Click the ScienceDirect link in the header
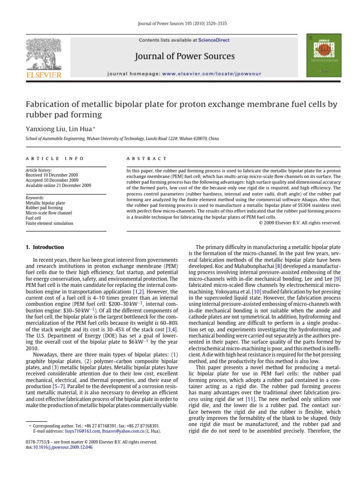pos(214,40)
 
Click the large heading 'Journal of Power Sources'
pos(184,57)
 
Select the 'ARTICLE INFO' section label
pos(55,159)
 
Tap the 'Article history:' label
pos(38,170)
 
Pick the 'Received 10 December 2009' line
pos(52,175)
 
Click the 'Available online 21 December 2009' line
pos(58,186)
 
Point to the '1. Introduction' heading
pos(45,247)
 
